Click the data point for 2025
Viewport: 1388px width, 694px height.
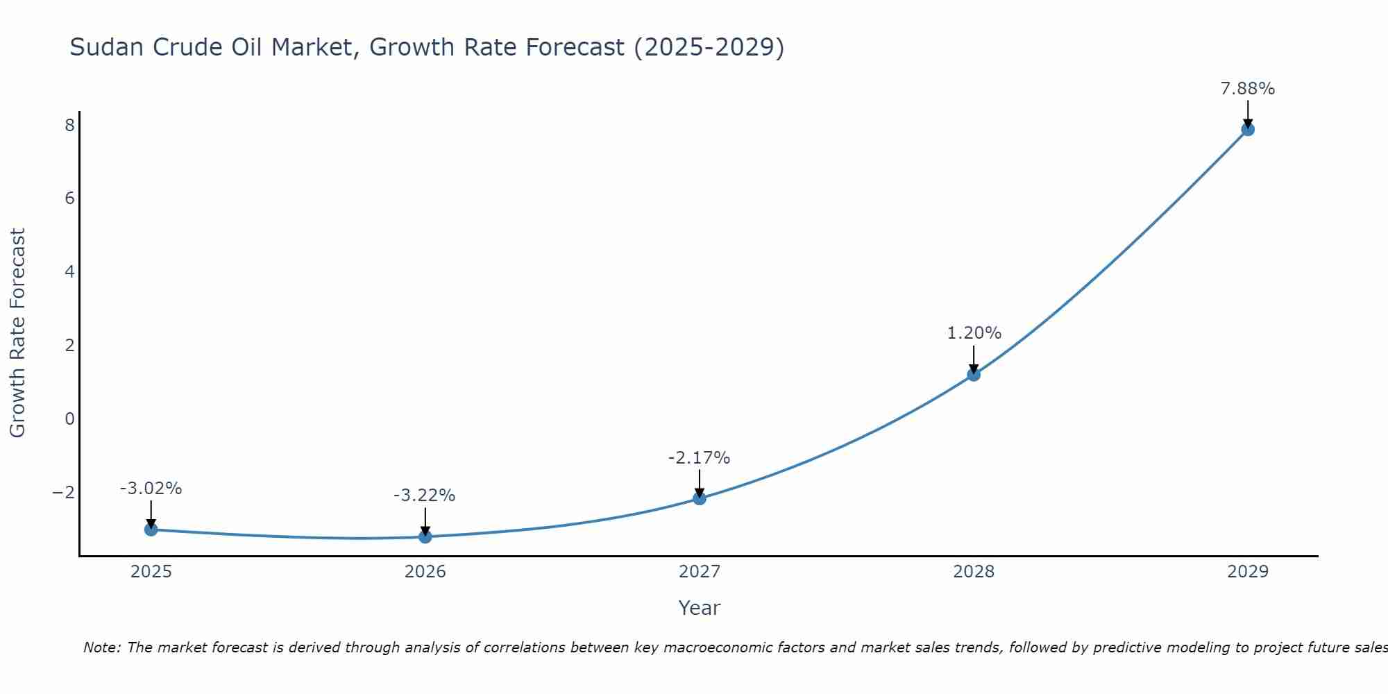point(151,530)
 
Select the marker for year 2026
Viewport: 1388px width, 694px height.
point(425,536)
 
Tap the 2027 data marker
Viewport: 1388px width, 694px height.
point(700,498)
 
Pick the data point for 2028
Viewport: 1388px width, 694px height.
point(974,375)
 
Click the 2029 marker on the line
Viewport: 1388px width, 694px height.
point(1248,129)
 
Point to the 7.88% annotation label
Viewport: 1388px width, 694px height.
point(1248,89)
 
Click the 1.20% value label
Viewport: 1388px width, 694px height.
point(974,333)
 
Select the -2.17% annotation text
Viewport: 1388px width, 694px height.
point(699,458)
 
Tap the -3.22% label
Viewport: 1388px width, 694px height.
point(424,496)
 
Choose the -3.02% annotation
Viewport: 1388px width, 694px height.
point(151,489)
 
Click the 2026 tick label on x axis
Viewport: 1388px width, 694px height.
point(425,572)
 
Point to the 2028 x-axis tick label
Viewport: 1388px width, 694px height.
point(974,572)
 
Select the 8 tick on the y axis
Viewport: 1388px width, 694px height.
point(69,126)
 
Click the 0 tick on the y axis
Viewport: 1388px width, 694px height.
point(69,419)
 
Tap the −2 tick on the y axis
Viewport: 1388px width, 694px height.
point(63,493)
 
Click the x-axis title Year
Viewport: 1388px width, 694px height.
point(700,608)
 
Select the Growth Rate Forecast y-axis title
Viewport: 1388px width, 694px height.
point(17,333)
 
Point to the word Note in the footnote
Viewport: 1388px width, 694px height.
point(102,648)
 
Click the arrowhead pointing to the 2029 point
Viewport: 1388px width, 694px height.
point(1248,124)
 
